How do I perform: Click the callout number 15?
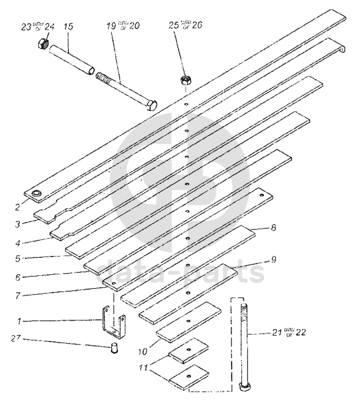click(x=68, y=27)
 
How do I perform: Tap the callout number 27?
click(x=16, y=338)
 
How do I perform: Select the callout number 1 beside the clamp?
click(x=19, y=321)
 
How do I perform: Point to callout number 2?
click(x=18, y=207)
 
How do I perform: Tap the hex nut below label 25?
click(x=184, y=80)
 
